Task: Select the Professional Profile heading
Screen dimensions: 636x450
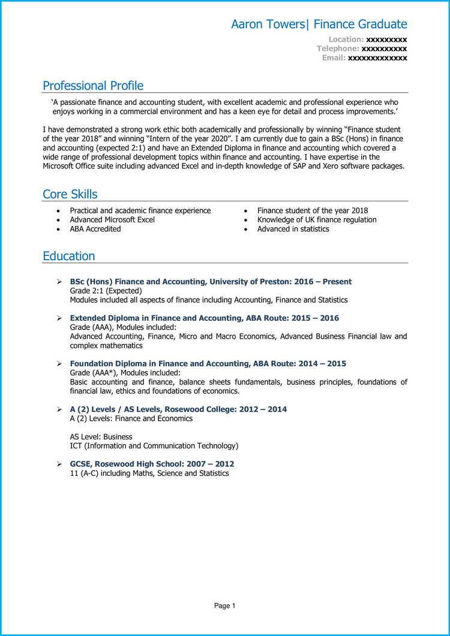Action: click(93, 86)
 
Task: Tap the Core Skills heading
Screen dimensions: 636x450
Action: click(70, 194)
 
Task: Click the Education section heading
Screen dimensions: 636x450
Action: click(68, 256)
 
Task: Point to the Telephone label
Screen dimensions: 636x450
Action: click(338, 49)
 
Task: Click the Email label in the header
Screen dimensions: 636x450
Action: click(334, 58)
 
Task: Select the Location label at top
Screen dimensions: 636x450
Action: click(346, 40)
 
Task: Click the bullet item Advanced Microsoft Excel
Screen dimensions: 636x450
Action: click(112, 220)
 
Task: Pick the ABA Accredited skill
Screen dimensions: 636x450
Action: click(95, 229)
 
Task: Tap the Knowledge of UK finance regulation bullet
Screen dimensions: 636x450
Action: click(317, 220)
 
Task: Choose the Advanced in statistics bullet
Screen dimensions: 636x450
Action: click(293, 229)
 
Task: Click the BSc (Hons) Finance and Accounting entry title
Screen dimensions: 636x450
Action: click(211, 282)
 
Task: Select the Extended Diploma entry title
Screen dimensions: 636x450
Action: click(204, 318)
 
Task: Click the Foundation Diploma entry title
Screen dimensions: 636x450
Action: click(208, 364)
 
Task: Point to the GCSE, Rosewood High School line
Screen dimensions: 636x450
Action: click(152, 464)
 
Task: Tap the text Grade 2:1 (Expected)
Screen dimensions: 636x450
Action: click(106, 291)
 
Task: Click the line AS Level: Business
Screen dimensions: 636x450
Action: click(101, 437)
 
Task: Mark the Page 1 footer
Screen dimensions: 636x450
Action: click(225, 606)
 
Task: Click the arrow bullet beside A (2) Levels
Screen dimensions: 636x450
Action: click(59, 409)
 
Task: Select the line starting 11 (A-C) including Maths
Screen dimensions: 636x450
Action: click(149, 474)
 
